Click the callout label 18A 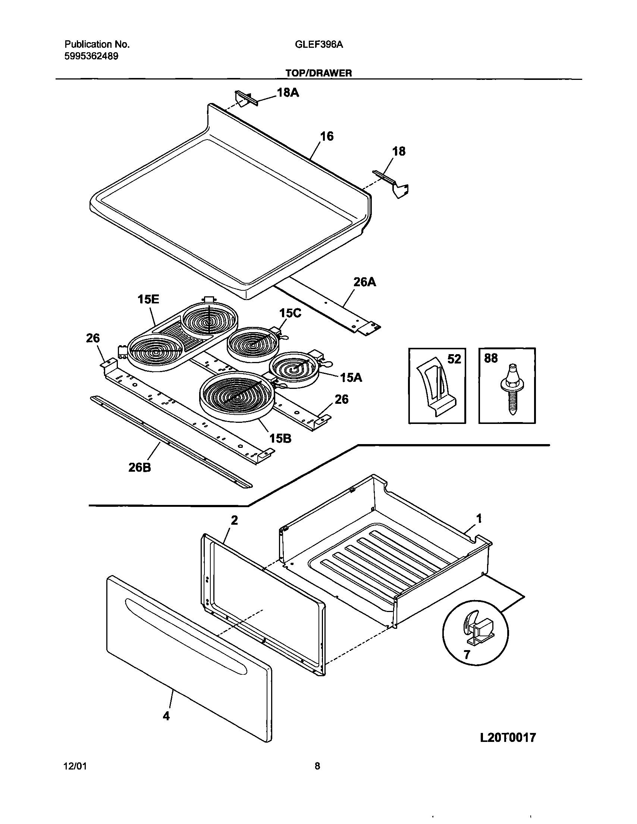288,93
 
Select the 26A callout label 365,282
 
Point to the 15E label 148,299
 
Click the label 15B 280,438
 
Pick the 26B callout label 139,468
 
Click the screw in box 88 511,389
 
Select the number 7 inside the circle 467,654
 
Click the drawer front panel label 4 166,716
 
